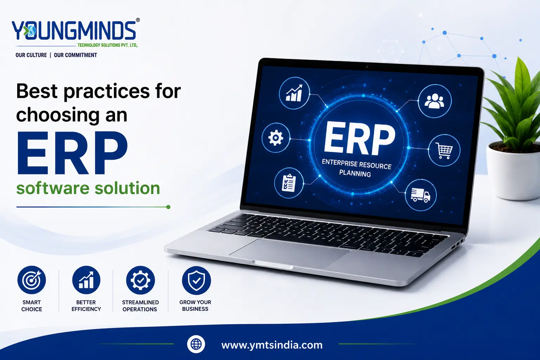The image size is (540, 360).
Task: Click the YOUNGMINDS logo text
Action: [x=74, y=30]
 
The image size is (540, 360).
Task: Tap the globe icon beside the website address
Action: [x=196, y=344]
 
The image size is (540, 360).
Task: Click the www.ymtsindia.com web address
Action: [x=272, y=345]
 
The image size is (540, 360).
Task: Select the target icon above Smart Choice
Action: [x=32, y=280]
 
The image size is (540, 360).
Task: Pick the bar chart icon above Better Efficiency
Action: [x=86, y=280]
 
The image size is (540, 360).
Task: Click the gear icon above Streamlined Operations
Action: [x=140, y=280]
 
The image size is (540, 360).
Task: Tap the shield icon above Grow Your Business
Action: [x=196, y=281]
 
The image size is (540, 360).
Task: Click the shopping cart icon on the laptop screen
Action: [x=444, y=150]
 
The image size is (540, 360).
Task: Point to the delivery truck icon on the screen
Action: [x=421, y=195]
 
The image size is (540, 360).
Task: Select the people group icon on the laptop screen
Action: [x=435, y=101]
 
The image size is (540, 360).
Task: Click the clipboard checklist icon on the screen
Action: [x=289, y=183]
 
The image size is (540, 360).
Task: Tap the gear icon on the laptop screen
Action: [x=276, y=138]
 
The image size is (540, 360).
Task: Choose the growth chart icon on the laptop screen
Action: [x=294, y=93]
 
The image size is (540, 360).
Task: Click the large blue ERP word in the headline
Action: [x=72, y=153]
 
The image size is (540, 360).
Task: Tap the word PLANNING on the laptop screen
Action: [x=355, y=173]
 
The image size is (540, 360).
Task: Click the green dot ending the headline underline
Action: [x=168, y=207]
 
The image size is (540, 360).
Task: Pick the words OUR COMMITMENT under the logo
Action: [x=76, y=55]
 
